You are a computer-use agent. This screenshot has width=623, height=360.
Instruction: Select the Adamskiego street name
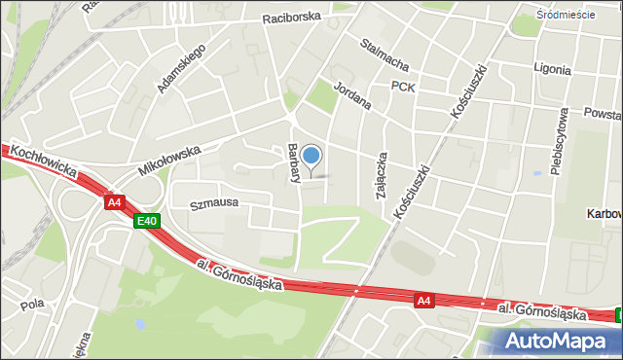[181, 68]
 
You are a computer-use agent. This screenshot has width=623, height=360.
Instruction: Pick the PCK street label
[403, 87]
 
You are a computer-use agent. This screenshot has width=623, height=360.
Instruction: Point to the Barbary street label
[293, 163]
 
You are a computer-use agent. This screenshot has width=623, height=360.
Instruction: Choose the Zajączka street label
[383, 175]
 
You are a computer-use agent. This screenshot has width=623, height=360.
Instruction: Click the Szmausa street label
[214, 205]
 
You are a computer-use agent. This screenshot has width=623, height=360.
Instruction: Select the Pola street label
[32, 304]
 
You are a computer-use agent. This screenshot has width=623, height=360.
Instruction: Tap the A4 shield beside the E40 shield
[115, 202]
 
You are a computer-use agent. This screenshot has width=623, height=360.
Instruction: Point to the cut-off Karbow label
[605, 213]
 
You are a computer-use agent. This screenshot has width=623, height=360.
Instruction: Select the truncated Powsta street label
[603, 112]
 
